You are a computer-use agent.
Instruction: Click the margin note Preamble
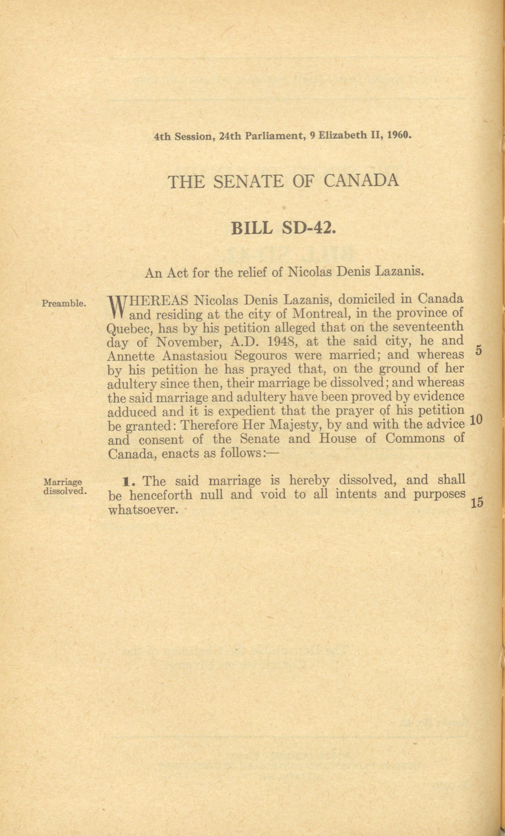[x=63, y=303]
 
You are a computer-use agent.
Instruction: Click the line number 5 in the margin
[x=479, y=351]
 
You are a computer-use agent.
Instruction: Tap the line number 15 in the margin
[x=477, y=503]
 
